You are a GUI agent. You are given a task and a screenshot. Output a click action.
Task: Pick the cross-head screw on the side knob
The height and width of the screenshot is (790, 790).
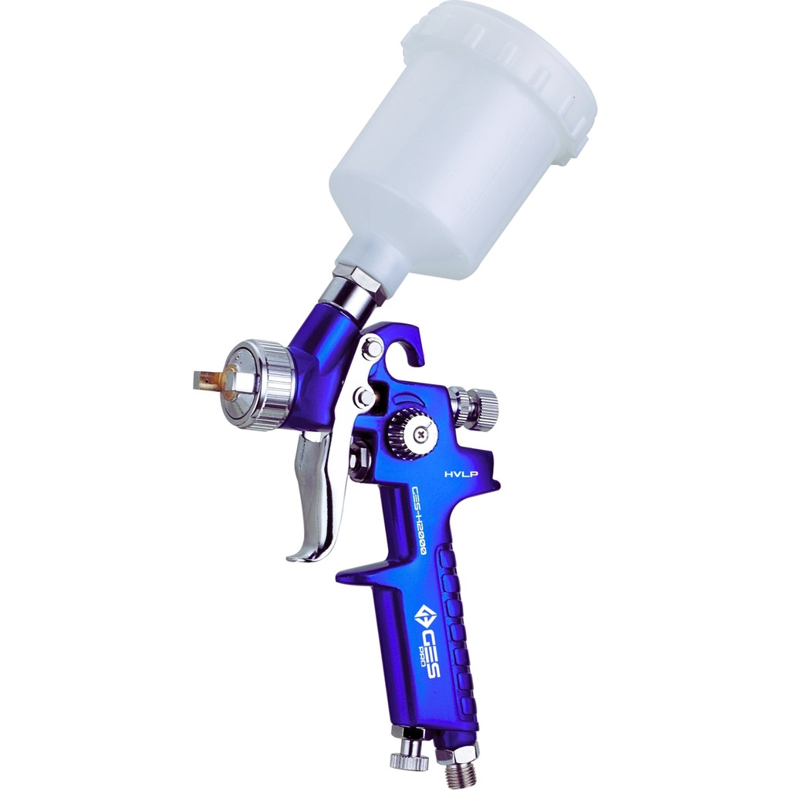coord(422,433)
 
